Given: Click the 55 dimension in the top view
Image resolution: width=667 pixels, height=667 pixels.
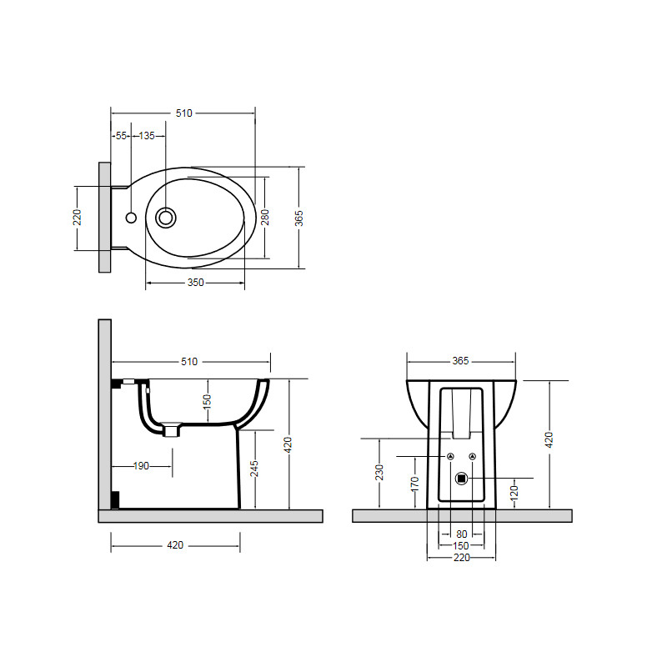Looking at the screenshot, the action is [121, 136].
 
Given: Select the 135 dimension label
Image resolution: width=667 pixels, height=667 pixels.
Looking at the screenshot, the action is [147, 136].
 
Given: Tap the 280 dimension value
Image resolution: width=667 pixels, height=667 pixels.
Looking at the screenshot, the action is [265, 218].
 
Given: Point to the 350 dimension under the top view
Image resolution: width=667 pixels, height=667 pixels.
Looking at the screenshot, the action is [196, 283].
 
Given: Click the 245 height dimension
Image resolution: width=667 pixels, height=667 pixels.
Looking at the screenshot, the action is [254, 469].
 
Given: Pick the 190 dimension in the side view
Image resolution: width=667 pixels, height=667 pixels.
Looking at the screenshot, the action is [141, 466].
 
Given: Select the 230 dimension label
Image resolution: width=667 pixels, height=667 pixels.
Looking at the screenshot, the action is [379, 472].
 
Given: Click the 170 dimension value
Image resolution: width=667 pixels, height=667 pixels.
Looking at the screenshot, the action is [414, 484].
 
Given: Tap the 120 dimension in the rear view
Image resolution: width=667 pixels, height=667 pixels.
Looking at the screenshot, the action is [514, 493].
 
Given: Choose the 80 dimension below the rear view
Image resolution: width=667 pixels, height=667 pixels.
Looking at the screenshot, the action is [462, 534].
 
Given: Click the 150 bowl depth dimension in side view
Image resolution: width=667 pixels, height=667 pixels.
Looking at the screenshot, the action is [207, 402].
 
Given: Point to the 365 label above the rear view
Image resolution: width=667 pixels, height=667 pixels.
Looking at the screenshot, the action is [461, 361].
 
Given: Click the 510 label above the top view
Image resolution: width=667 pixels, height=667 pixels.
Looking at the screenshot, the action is [183, 113].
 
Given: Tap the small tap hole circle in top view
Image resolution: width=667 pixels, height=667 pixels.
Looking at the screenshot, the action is [131, 218].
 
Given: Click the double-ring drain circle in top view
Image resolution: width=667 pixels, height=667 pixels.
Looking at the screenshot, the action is [165, 218].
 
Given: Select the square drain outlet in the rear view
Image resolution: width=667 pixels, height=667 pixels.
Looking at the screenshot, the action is [462, 479].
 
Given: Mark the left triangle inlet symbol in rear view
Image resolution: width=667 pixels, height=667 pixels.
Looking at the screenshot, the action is [450, 456].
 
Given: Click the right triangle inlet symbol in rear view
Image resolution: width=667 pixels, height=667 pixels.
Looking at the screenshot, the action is [472, 456].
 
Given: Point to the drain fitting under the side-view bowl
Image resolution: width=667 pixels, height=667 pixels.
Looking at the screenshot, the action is [172, 429].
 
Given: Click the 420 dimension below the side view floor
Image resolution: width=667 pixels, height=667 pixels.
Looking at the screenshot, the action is [175, 545].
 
